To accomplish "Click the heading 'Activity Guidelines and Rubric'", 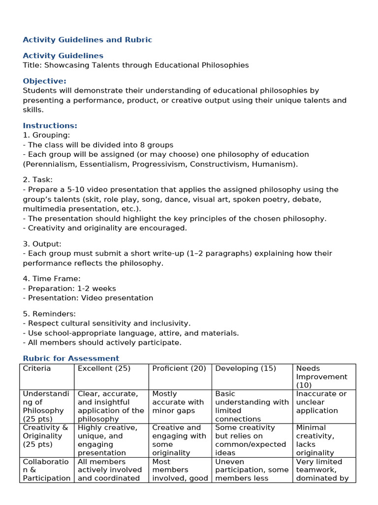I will tap(88, 40).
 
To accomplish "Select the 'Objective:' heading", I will tap(45, 81).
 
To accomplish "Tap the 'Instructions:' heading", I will tap(50, 126).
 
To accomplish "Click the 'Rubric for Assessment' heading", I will tap(71, 359).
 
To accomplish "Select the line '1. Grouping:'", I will tap(46, 135).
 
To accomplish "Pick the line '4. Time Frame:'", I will tap(52, 279).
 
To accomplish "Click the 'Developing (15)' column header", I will tap(246, 369).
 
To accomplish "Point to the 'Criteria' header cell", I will tap(37, 369).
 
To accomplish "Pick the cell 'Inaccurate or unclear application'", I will tap(321, 402).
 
